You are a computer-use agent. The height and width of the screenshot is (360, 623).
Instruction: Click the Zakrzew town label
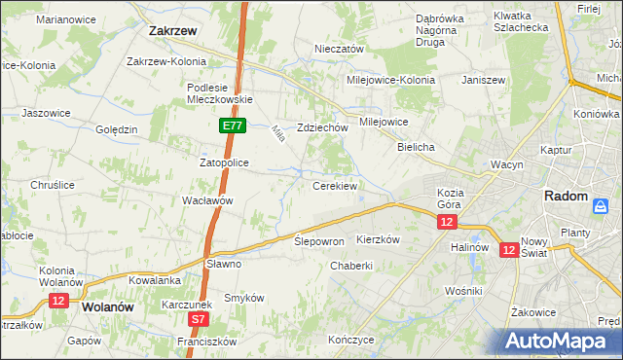click(174, 30)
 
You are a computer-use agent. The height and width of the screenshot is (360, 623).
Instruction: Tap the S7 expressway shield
click(199, 318)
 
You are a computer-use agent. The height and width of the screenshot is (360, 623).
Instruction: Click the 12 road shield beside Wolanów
click(57, 301)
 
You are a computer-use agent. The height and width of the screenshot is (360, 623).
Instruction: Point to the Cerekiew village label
click(335, 185)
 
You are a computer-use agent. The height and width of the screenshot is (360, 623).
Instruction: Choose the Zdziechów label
click(323, 127)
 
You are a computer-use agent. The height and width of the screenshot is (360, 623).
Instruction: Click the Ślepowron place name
click(319, 240)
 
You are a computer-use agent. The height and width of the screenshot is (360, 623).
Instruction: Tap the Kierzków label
click(379, 238)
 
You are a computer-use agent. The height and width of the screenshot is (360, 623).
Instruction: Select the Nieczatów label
click(339, 49)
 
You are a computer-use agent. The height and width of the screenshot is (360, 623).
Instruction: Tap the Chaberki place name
click(351, 266)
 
